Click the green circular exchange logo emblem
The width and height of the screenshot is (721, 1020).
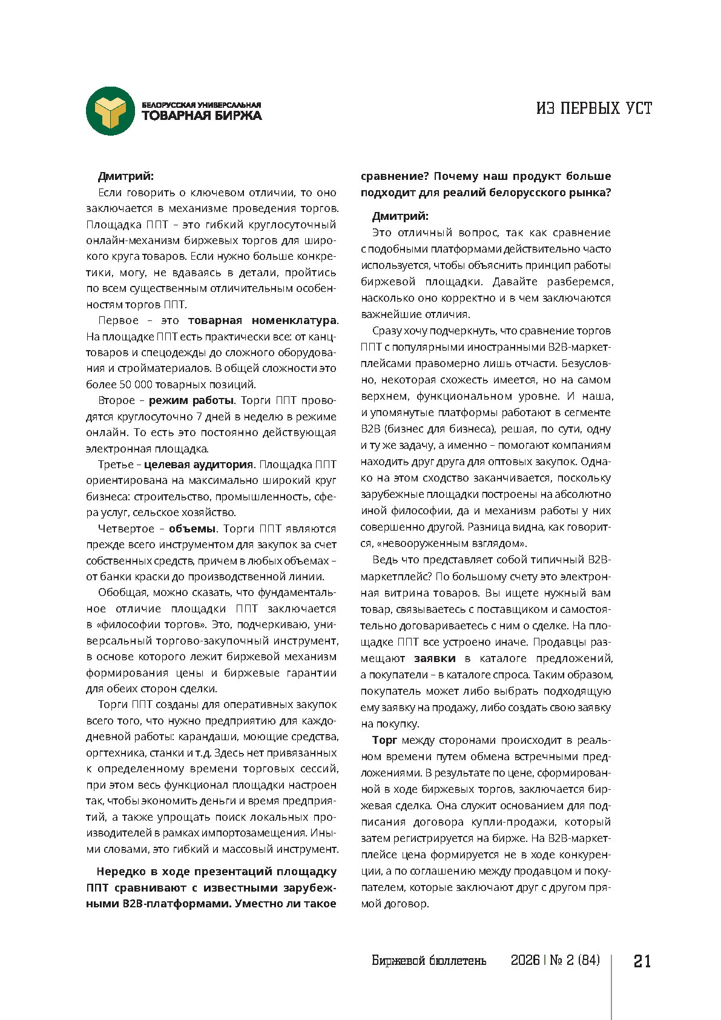pos(110,111)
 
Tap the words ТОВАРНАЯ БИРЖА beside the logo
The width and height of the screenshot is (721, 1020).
pos(202,116)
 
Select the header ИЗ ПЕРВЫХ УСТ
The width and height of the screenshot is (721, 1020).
pos(594,108)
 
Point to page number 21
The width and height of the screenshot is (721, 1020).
pos(642,961)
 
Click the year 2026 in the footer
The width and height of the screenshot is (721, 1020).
pos(525,961)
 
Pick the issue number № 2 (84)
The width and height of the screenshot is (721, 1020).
pos(574,961)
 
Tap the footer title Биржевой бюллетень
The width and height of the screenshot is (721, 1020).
pos(429,961)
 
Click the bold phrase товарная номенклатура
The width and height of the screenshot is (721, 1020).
pos(262,320)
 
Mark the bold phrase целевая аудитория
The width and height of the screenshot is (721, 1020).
pos(199,465)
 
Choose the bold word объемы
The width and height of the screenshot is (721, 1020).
pos(192,529)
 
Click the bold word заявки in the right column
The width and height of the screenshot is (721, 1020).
pos(435,658)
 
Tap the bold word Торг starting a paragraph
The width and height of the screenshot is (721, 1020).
pos(384,740)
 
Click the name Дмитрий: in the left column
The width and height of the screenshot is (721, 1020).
pos(126,176)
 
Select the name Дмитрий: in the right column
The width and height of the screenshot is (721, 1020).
pos(400,216)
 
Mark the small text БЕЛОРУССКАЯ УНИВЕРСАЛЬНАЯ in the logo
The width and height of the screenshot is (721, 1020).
pos(202,105)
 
